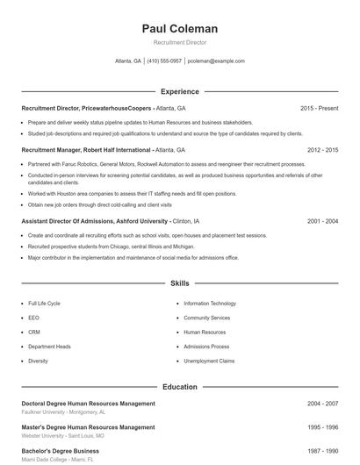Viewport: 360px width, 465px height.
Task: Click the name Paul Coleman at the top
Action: [179, 29]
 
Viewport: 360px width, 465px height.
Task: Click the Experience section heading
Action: [179, 91]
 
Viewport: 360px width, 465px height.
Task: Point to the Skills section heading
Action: [179, 284]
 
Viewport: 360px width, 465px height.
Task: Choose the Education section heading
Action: [179, 387]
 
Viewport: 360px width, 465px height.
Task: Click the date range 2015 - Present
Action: [319, 108]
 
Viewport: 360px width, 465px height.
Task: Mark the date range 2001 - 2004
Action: [322, 222]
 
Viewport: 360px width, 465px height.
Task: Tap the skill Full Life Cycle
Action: [44, 303]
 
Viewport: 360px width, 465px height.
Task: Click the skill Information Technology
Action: [210, 303]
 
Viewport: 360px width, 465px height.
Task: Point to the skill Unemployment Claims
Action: [209, 361]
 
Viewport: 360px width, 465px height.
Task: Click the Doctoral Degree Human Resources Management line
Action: [88, 404]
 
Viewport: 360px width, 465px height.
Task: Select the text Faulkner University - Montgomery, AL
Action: [63, 411]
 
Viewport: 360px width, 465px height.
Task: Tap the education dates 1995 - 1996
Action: [322, 427]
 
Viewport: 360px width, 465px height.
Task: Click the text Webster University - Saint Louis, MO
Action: [62, 435]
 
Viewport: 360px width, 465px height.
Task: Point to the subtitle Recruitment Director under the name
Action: [179, 42]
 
